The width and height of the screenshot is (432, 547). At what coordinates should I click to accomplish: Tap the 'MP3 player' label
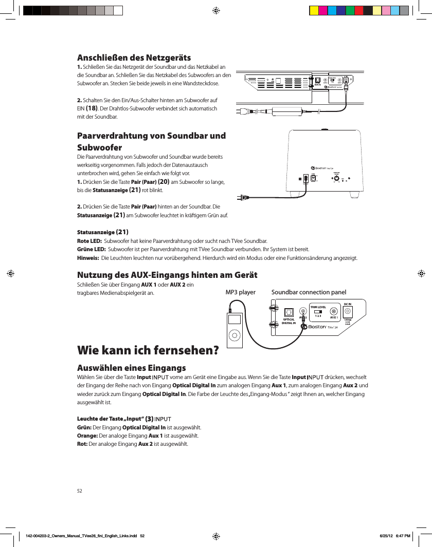pos(241,292)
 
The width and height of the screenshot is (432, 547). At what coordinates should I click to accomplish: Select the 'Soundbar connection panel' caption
pos(309,292)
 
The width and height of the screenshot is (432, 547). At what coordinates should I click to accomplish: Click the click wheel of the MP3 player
pos(234,336)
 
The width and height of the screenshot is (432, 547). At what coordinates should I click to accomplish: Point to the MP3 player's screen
pos(234,319)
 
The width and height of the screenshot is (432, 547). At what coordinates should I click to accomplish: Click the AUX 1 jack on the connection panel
pos(334,311)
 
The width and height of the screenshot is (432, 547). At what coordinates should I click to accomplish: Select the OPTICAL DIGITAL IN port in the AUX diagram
pos(289,312)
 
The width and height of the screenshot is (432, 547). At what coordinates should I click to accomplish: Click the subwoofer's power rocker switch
pos(307,178)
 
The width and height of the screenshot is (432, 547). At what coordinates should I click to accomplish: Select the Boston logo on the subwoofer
pos(325,168)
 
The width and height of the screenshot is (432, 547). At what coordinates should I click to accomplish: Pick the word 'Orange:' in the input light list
pos(87,435)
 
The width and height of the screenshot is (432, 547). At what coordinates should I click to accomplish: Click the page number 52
pos(80,491)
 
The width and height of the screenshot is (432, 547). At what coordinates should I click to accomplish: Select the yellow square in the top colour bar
pos(313,10)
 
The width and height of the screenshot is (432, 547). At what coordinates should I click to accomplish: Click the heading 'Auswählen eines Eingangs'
pos(131,368)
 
